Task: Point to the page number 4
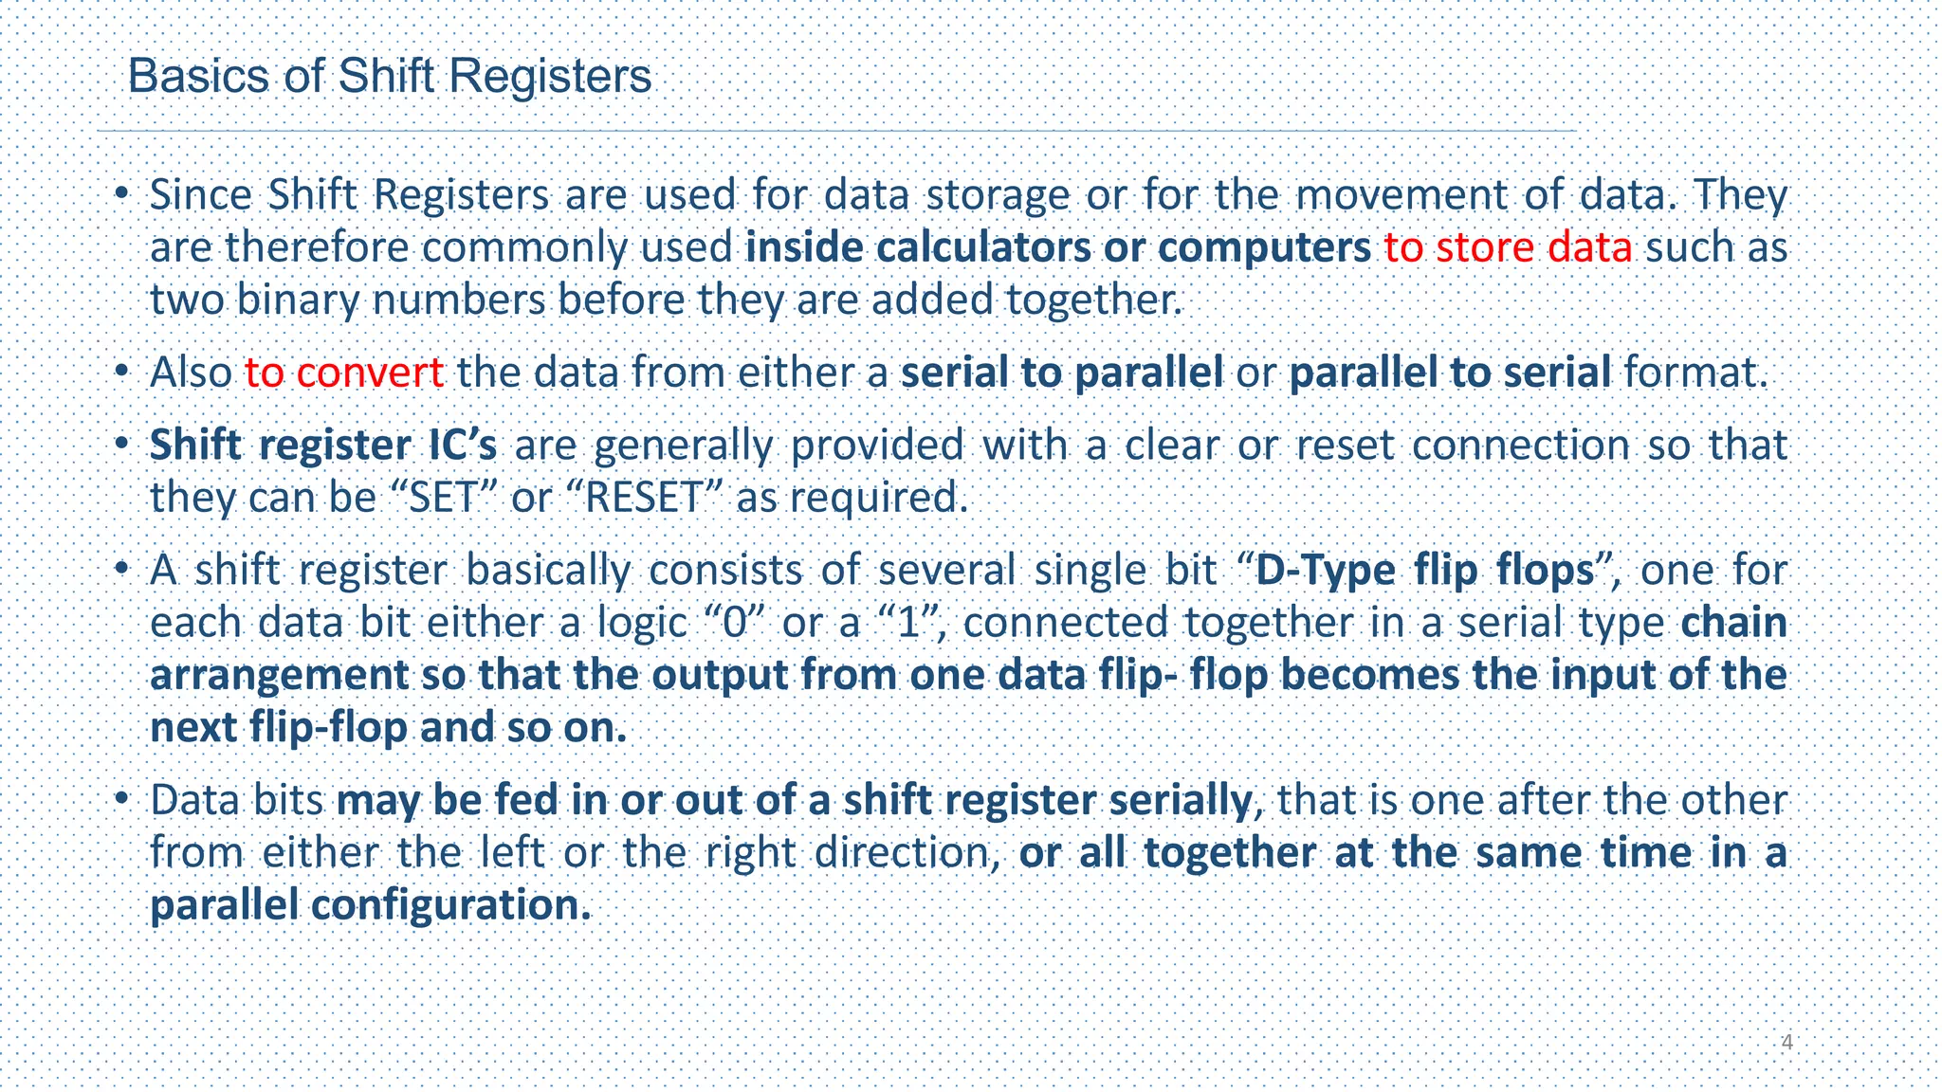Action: point(1786,1043)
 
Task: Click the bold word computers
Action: point(1264,247)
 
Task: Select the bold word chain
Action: point(1733,623)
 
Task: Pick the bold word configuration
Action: point(450,905)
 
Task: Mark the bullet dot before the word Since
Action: point(121,194)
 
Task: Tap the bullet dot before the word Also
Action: point(121,372)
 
